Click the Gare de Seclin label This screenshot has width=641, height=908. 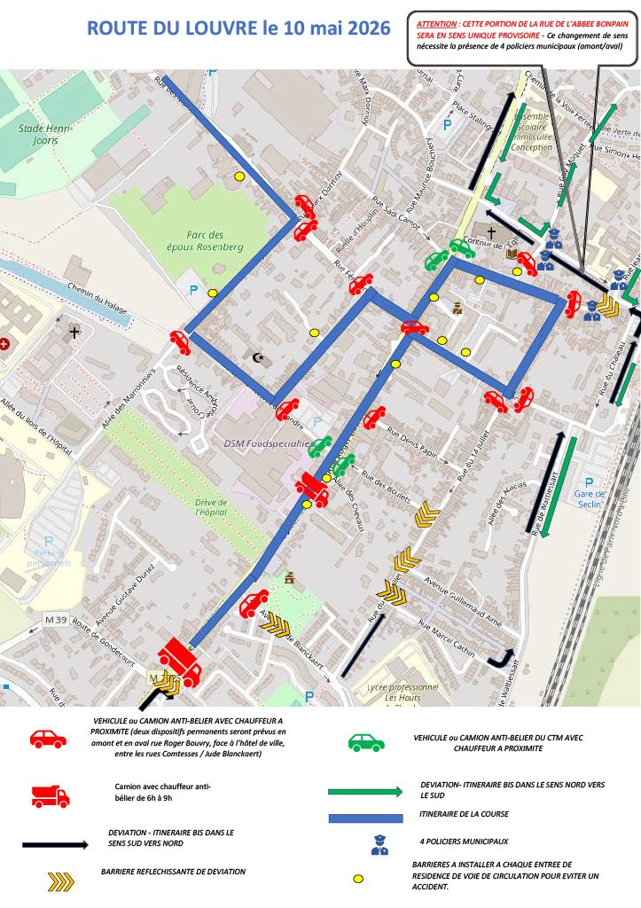tap(589, 498)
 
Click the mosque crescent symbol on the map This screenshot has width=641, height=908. tap(259, 358)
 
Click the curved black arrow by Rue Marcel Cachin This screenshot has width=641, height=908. tap(504, 657)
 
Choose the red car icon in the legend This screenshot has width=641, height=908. tap(49, 739)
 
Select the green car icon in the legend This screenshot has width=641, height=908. tap(367, 742)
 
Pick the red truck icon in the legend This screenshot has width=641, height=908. tap(50, 794)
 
